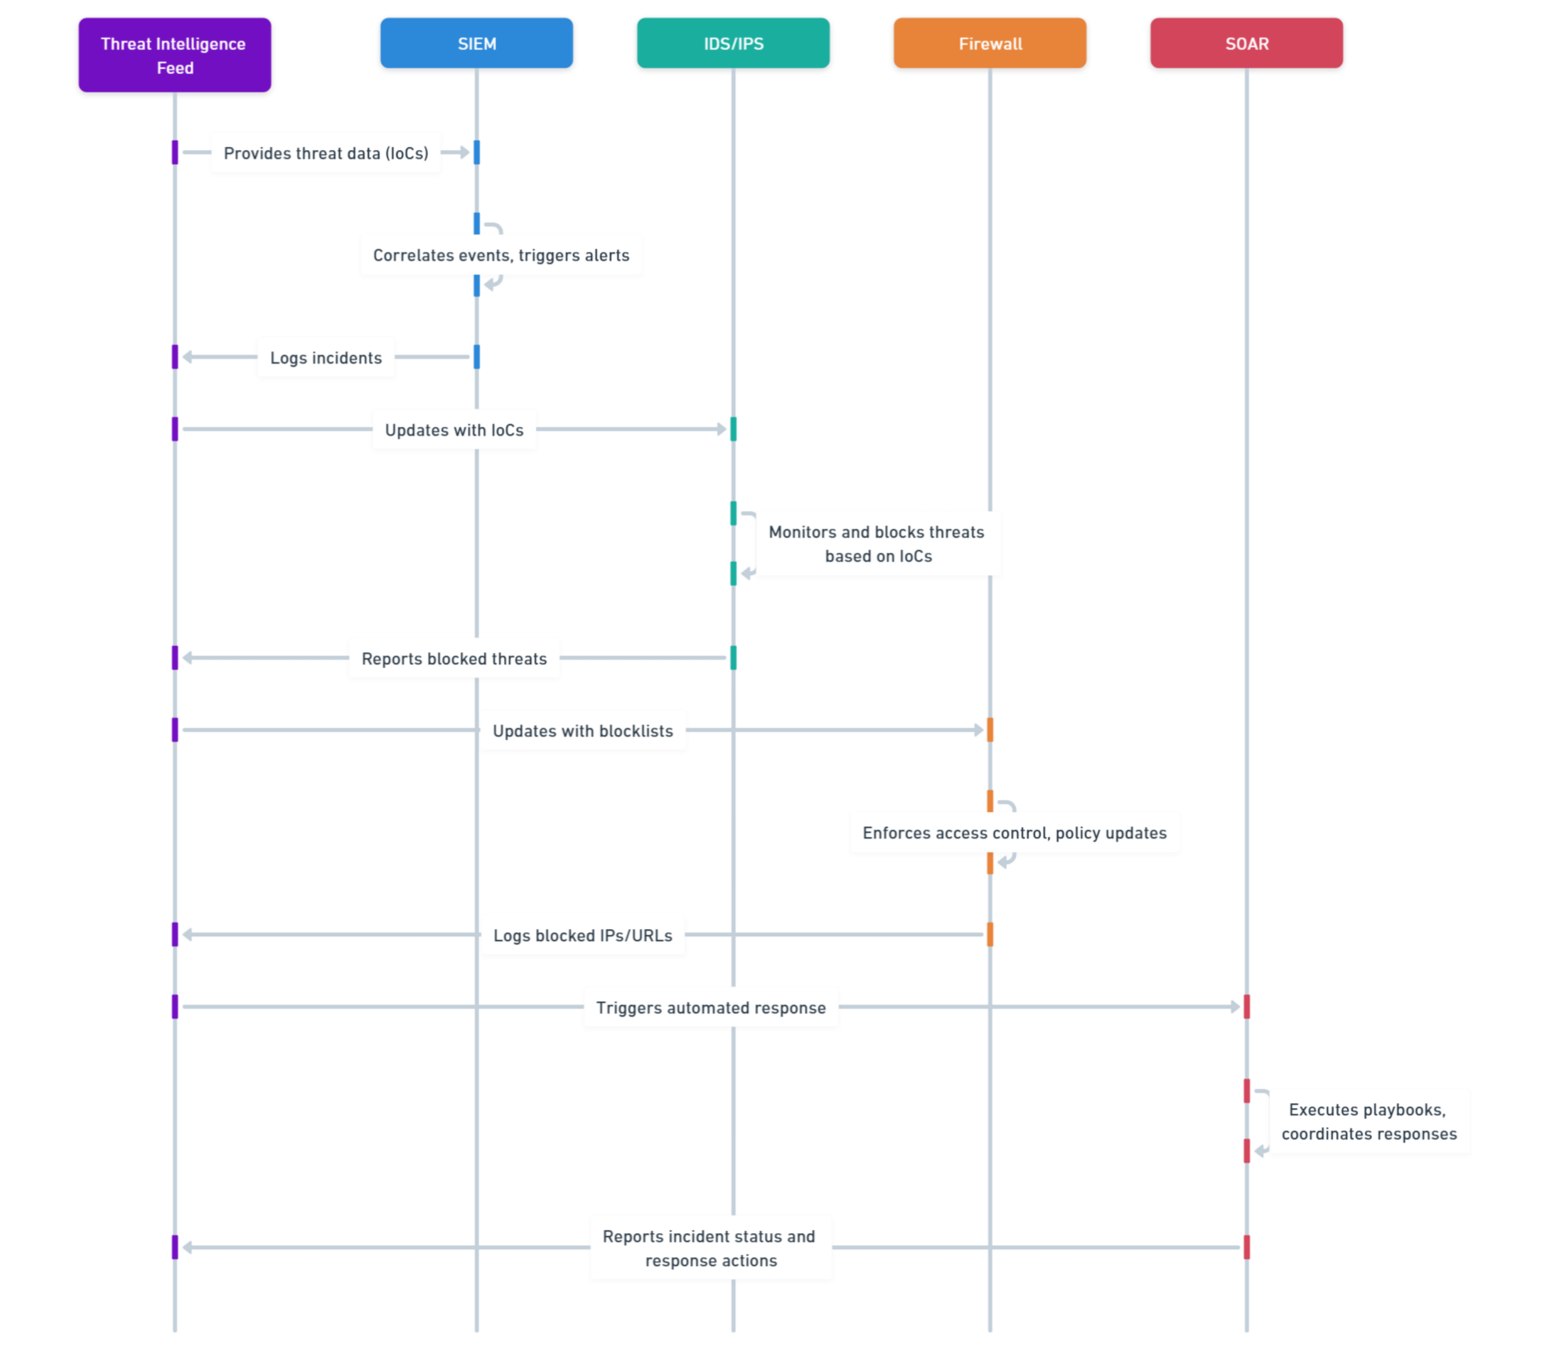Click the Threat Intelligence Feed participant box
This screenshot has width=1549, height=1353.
174,55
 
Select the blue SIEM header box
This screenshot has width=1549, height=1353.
477,43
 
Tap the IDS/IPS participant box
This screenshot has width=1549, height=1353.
733,43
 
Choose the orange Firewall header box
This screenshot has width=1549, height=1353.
990,43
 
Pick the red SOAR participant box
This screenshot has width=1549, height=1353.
1247,43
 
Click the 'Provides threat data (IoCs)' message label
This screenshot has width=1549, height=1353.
326,153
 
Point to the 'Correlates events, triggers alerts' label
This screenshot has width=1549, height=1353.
502,255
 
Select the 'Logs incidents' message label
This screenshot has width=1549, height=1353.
326,358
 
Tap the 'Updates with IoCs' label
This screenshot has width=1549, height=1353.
454,429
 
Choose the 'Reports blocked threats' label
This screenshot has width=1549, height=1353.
454,659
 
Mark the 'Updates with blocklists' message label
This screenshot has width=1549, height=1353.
583,731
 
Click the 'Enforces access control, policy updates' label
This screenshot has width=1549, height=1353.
1015,833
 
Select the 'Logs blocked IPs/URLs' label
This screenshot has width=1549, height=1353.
583,936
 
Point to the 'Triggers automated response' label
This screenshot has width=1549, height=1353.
712,1008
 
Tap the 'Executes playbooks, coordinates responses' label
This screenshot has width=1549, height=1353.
1369,1121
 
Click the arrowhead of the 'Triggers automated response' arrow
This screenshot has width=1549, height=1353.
1236,1006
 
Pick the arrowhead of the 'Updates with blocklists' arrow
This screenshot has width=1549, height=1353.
979,730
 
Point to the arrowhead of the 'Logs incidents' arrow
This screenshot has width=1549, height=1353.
188,356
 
